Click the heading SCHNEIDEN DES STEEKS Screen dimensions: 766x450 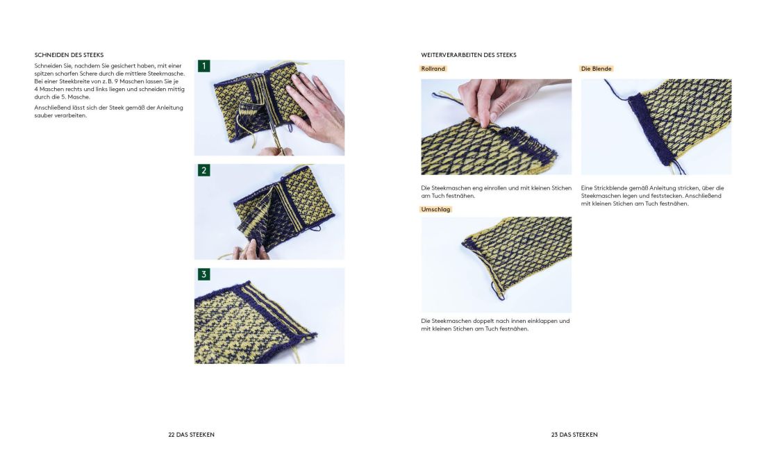tap(69, 56)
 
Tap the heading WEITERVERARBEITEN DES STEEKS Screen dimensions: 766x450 tap(469, 56)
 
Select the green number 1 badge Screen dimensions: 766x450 tap(203, 66)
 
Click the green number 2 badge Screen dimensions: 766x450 tap(203, 170)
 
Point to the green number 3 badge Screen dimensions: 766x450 tap(203, 274)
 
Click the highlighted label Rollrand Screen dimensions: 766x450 tap(433, 69)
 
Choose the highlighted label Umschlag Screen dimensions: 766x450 tap(435, 209)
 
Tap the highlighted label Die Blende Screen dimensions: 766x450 tap(596, 69)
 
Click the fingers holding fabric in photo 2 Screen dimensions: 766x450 tap(251, 250)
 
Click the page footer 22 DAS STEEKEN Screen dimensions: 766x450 tap(192, 434)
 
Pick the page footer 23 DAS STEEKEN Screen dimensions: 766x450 tap(574, 434)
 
